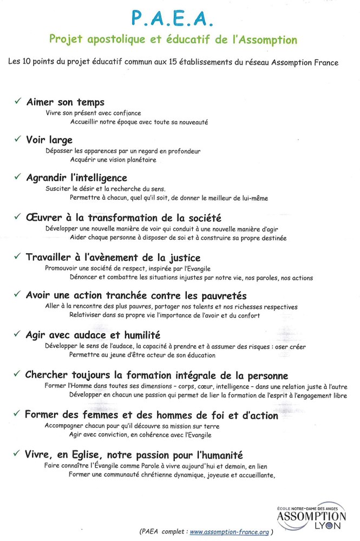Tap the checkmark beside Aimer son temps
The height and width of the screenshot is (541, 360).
(x=18, y=101)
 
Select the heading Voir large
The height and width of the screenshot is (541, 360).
(x=49, y=140)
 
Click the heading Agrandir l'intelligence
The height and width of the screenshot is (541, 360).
(x=76, y=178)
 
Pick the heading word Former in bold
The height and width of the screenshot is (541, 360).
(x=43, y=415)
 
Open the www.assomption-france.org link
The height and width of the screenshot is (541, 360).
(x=229, y=532)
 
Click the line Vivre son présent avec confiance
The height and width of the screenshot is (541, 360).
(x=93, y=113)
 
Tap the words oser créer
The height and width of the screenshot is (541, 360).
(x=290, y=346)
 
